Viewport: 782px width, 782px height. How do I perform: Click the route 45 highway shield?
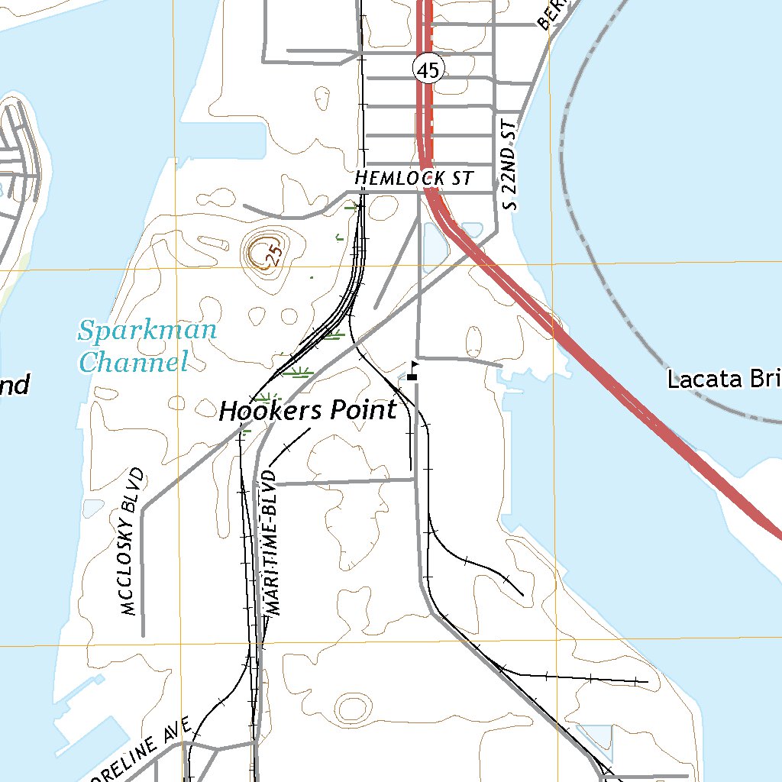pos(428,70)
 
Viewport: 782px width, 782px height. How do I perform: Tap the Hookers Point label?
pos(308,411)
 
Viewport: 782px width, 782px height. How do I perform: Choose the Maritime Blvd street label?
pos(273,542)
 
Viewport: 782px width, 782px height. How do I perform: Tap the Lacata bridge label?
pos(724,379)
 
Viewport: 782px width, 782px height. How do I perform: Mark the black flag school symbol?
pos(413,372)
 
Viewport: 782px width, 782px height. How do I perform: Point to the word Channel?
pos(134,361)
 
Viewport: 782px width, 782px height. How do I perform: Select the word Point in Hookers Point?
pos(364,410)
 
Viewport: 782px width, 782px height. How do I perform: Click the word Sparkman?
pos(147,331)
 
